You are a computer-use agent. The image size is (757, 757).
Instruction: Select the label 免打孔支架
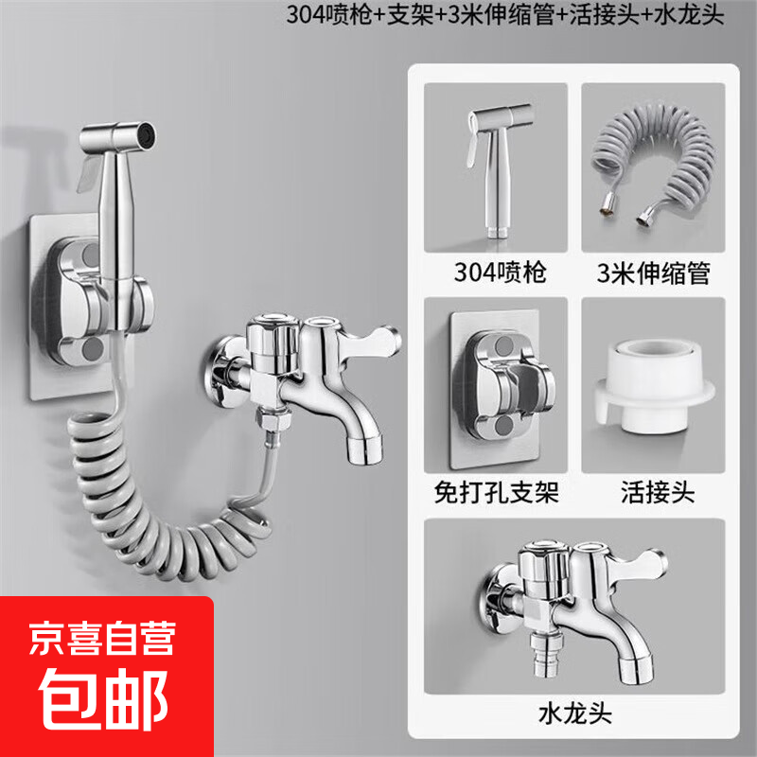click(x=496, y=492)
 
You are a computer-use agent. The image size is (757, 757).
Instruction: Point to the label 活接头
click(x=652, y=492)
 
